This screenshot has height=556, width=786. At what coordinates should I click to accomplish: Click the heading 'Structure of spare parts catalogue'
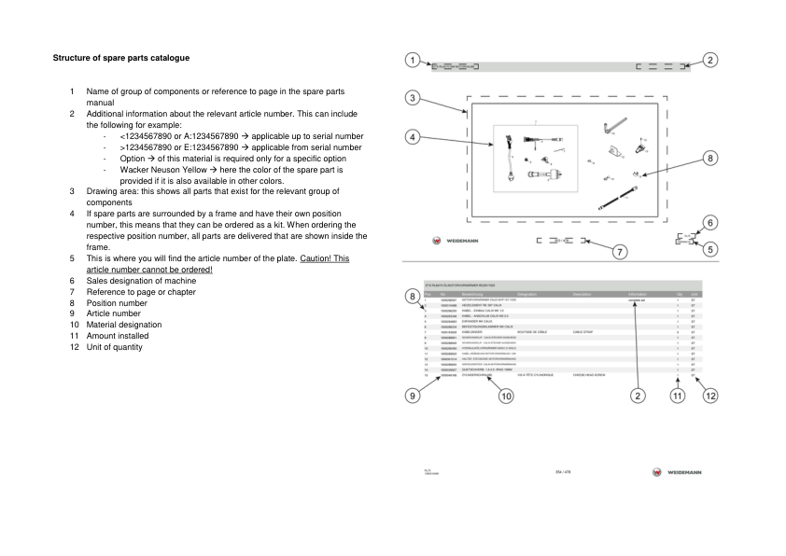point(121,58)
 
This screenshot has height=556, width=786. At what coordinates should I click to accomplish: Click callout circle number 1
point(412,61)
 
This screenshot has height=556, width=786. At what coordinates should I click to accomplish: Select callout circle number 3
point(412,97)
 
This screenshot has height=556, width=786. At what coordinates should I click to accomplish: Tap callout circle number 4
point(412,136)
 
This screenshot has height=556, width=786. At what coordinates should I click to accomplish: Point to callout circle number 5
point(711,249)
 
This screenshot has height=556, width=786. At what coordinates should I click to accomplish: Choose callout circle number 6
point(711,222)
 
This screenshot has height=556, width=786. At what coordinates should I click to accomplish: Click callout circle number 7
point(617,251)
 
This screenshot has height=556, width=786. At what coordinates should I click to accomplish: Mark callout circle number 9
point(412,396)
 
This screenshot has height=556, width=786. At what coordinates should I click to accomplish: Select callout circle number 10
point(505,396)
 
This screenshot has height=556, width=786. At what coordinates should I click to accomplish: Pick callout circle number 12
point(711,396)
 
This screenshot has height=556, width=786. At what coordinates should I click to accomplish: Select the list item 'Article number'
point(116,313)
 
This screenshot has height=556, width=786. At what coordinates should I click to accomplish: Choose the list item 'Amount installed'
point(122,336)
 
